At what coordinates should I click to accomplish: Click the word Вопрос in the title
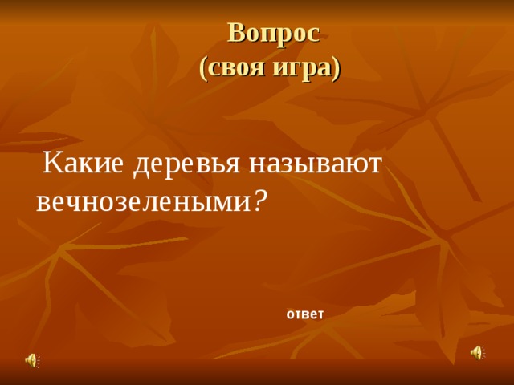[x=274, y=32]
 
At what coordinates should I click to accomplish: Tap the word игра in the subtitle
[x=302, y=68]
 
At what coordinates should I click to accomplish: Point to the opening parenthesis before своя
[x=202, y=68]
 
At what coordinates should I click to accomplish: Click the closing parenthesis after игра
[x=336, y=68]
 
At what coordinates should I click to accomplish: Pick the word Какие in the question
[x=83, y=163]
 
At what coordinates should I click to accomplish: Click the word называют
[x=316, y=163]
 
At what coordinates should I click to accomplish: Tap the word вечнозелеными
[x=144, y=201]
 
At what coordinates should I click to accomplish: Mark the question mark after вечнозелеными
[x=259, y=201]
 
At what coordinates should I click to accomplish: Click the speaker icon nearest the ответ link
[x=476, y=353]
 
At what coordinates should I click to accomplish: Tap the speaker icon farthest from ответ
[x=31, y=360]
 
